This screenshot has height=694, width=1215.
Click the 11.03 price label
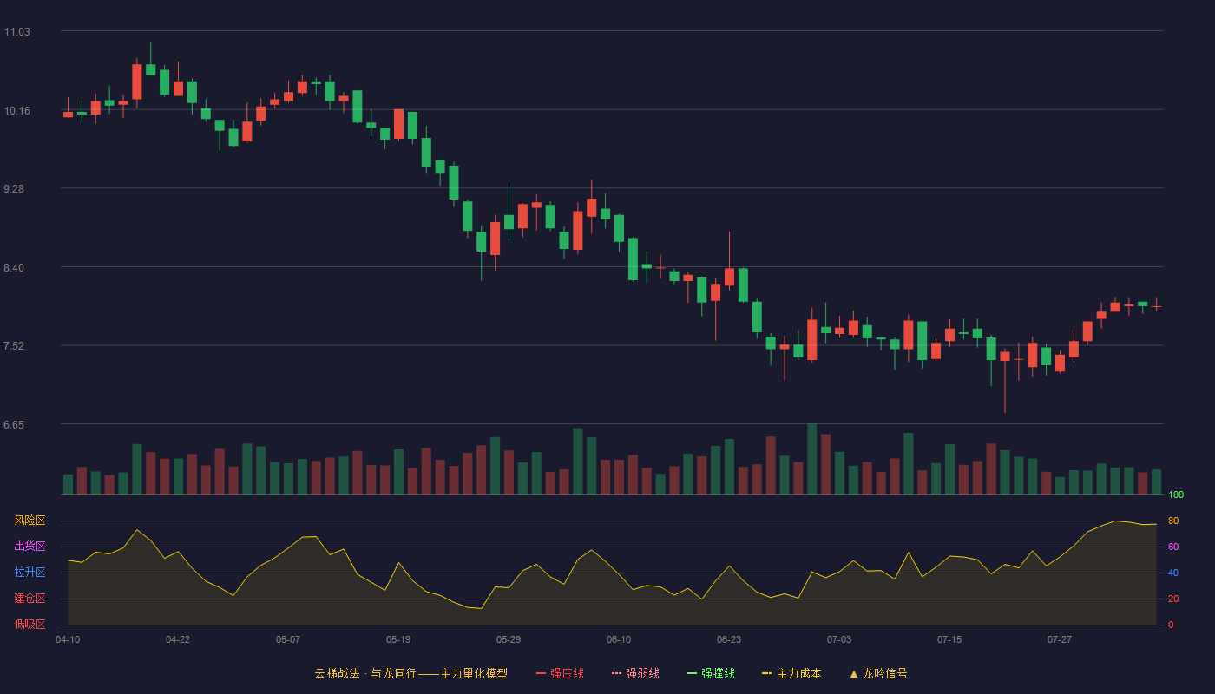click(16, 32)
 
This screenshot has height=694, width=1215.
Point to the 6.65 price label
click(14, 425)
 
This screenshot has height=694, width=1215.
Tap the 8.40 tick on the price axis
click(14, 268)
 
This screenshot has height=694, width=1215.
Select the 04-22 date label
click(178, 640)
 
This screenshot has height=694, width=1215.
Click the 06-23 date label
click(729, 640)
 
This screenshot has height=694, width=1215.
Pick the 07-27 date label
click(1060, 640)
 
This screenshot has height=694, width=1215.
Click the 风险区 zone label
click(30, 520)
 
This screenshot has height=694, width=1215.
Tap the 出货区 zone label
click(30, 546)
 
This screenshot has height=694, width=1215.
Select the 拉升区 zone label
click(30, 572)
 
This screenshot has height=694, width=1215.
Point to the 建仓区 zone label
click(30, 598)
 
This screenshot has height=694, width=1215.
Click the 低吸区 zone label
click(30, 624)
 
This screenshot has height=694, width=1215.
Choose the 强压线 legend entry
click(560, 673)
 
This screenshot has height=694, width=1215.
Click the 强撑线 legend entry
click(711, 673)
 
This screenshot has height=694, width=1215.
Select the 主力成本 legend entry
click(791, 673)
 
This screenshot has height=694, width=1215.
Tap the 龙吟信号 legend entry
click(878, 673)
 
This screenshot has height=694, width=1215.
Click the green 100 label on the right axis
click(1176, 495)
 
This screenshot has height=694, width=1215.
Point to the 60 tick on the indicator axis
click(1173, 547)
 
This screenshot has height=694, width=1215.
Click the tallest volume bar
click(812, 459)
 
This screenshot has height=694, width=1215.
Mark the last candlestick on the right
click(1156, 305)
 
